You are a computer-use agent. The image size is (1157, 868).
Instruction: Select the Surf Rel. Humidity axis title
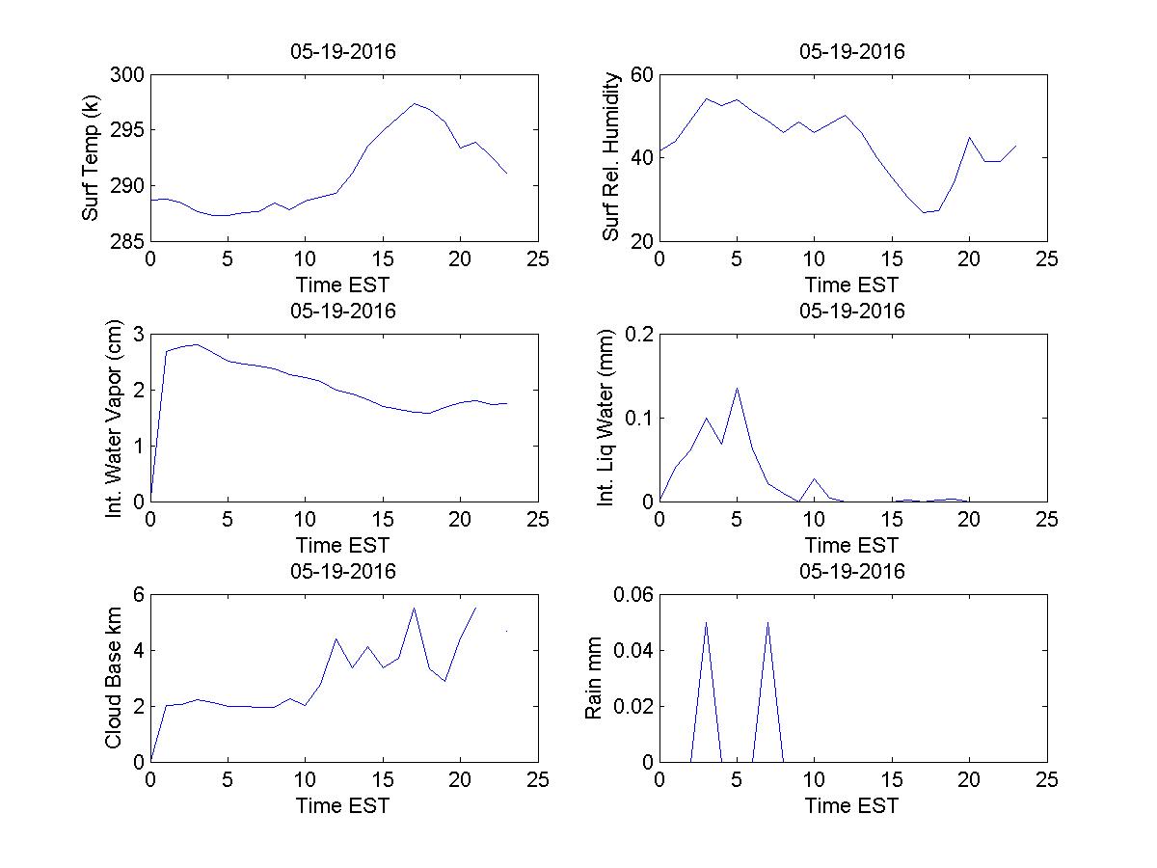tap(610, 157)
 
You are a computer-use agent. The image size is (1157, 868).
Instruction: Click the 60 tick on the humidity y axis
tap(640, 75)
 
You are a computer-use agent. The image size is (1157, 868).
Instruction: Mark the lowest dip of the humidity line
tap(923, 212)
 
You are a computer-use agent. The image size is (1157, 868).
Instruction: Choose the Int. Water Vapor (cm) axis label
tap(116, 419)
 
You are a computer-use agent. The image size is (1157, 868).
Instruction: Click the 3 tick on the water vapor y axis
tap(139, 335)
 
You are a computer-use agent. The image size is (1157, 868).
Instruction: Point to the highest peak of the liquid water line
tap(737, 388)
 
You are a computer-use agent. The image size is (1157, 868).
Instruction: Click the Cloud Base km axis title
tap(114, 678)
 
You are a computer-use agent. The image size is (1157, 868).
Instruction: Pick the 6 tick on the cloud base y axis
tap(139, 595)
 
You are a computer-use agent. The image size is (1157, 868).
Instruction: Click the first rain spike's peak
tap(706, 622)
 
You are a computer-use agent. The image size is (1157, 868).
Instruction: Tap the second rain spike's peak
tap(767, 622)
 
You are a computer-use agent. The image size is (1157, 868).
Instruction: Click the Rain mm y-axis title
tap(595, 678)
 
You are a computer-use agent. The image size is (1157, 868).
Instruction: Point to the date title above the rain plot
tap(852, 571)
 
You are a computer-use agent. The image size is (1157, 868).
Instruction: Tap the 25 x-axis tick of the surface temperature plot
tap(538, 259)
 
